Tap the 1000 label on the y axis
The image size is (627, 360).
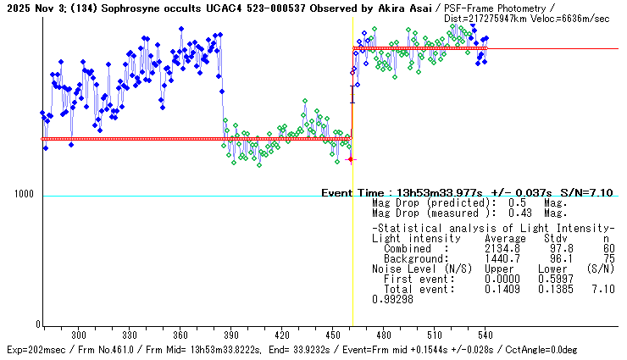[x=24, y=196]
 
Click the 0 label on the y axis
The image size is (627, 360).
[x=36, y=325]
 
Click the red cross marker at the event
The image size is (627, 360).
[x=351, y=159]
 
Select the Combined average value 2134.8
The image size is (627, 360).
[x=499, y=248]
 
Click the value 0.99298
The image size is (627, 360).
[x=391, y=301]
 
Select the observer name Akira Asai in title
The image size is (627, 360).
[x=407, y=7]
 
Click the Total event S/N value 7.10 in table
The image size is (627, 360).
[x=604, y=291]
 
